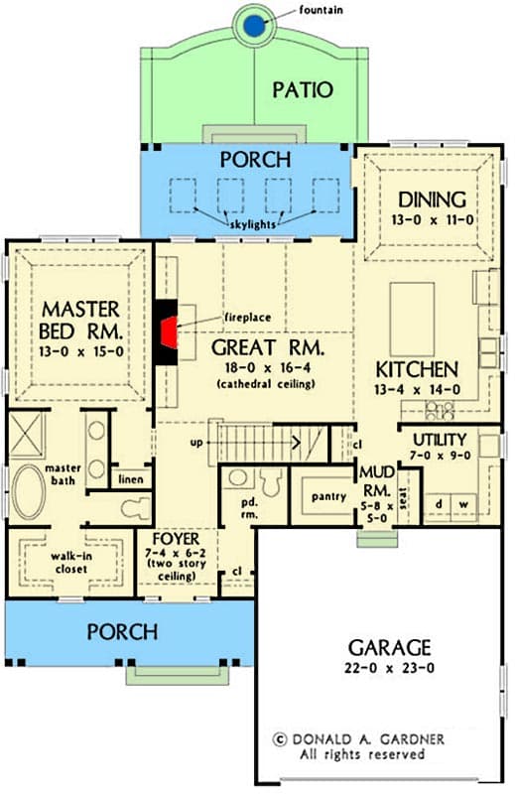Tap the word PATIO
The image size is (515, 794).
pyautogui.click(x=305, y=90)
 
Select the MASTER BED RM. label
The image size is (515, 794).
pyautogui.click(x=80, y=317)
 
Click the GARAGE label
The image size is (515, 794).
pyautogui.click(x=389, y=648)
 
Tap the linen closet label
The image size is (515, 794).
pyautogui.click(x=131, y=479)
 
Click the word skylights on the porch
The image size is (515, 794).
pyautogui.click(x=256, y=225)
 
